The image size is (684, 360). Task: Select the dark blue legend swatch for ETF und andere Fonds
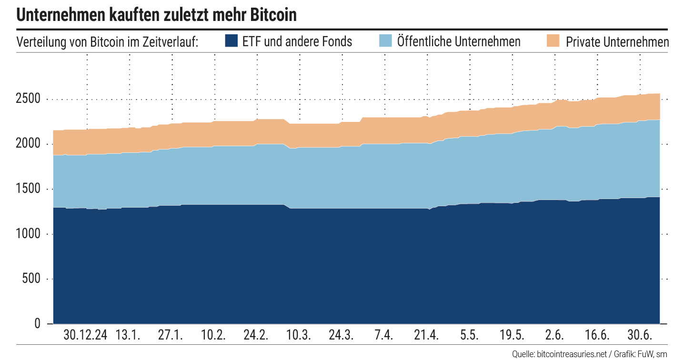tap(231, 41)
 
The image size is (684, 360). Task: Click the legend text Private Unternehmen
tap(617, 42)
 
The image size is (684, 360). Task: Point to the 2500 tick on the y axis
tap(28, 99)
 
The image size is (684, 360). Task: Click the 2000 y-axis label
tap(28, 144)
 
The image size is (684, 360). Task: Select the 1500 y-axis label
tap(28, 189)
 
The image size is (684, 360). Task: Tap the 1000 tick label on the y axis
tap(28, 234)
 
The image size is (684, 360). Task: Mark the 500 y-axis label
tap(31, 279)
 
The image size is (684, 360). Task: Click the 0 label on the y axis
tap(38, 324)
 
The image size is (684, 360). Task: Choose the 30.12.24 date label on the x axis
tap(85, 335)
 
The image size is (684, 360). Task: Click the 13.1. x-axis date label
tap(128, 335)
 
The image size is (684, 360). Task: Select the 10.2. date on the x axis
tap(213, 335)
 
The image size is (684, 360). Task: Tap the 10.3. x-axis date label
tap(299, 335)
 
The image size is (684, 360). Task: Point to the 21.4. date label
tap(426, 335)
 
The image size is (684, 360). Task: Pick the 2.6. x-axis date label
tap(554, 335)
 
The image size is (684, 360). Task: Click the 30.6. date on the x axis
tap(639, 335)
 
